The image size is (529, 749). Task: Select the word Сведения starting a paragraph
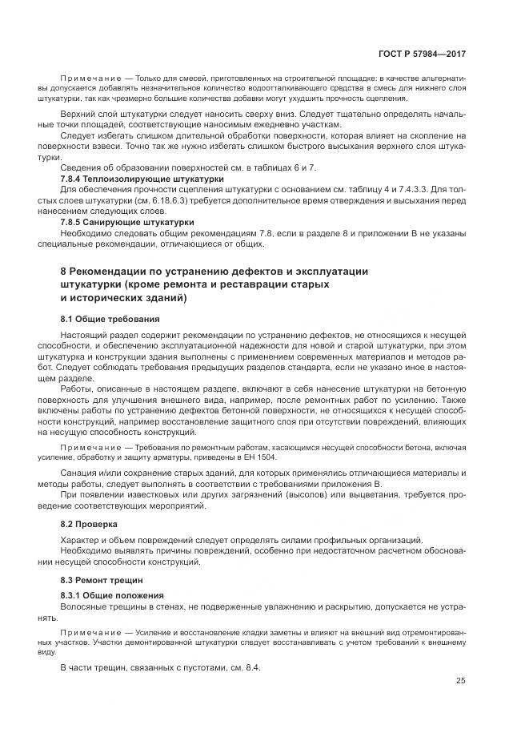(x=81, y=167)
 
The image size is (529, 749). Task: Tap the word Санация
(x=80, y=473)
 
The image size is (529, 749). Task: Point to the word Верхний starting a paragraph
(x=80, y=114)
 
